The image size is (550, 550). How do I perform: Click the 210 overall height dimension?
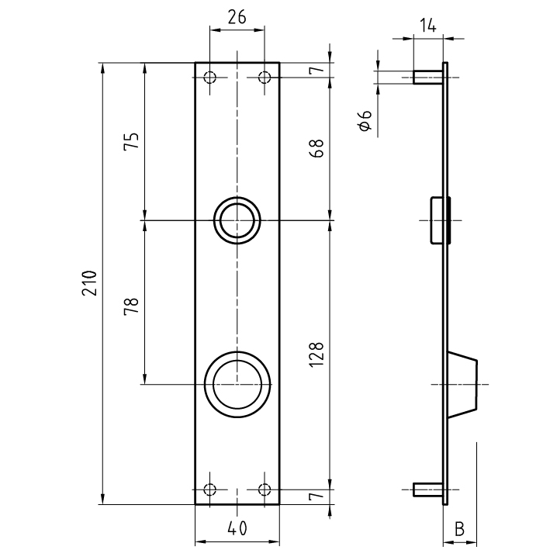89,283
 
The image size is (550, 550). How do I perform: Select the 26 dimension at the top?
237,17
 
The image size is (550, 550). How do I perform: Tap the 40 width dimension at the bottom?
237,528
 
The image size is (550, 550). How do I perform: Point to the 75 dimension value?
132,141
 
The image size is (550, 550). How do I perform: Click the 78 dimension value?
132,306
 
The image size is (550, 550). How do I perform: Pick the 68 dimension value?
317,149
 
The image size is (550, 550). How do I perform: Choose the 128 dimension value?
317,355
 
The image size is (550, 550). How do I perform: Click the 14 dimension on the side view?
428,26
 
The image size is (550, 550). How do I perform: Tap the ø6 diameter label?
365,120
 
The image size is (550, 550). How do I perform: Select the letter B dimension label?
459,529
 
